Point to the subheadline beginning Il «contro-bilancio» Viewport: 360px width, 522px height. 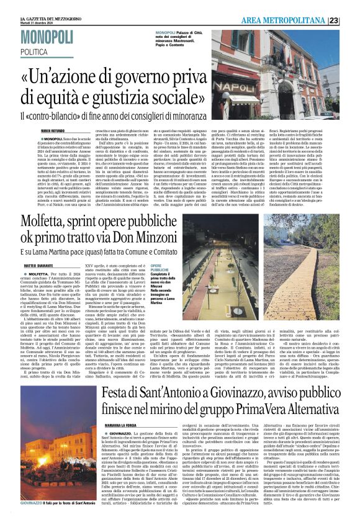click(114, 116)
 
